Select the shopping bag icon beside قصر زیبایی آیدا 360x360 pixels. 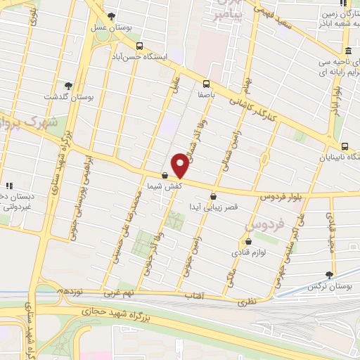tap(213, 196)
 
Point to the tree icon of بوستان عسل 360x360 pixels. tap(111, 16)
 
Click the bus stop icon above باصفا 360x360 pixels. tap(207, 82)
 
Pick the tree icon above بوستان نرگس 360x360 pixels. tap(329, 276)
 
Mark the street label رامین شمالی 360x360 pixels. tap(228, 145)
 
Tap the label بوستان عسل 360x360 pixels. tap(111, 27)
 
